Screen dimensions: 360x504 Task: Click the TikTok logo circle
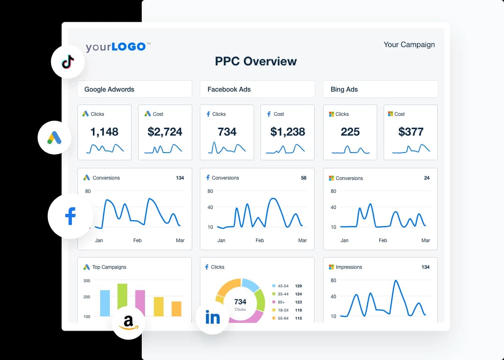[x=68, y=62]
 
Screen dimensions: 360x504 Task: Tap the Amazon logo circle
[x=128, y=322]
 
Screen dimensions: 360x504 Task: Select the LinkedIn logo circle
[x=212, y=317]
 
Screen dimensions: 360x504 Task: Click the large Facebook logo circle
[x=71, y=216]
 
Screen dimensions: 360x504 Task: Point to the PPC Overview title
[x=256, y=61]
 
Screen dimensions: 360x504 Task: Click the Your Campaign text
[x=409, y=44]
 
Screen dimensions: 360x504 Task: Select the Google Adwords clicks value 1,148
[x=104, y=132]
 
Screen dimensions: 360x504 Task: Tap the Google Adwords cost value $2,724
[x=165, y=132]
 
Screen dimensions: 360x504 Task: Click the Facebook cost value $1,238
[x=287, y=132]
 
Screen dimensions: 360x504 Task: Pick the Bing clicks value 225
[x=350, y=132]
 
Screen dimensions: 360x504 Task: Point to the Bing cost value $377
[x=411, y=132]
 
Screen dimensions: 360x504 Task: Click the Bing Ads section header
[x=344, y=89]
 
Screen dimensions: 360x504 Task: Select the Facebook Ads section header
[x=229, y=89]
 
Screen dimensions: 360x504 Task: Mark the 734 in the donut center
[x=240, y=301]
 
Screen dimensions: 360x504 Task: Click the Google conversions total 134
[x=180, y=178]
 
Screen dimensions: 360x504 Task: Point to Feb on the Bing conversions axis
[x=383, y=241]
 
